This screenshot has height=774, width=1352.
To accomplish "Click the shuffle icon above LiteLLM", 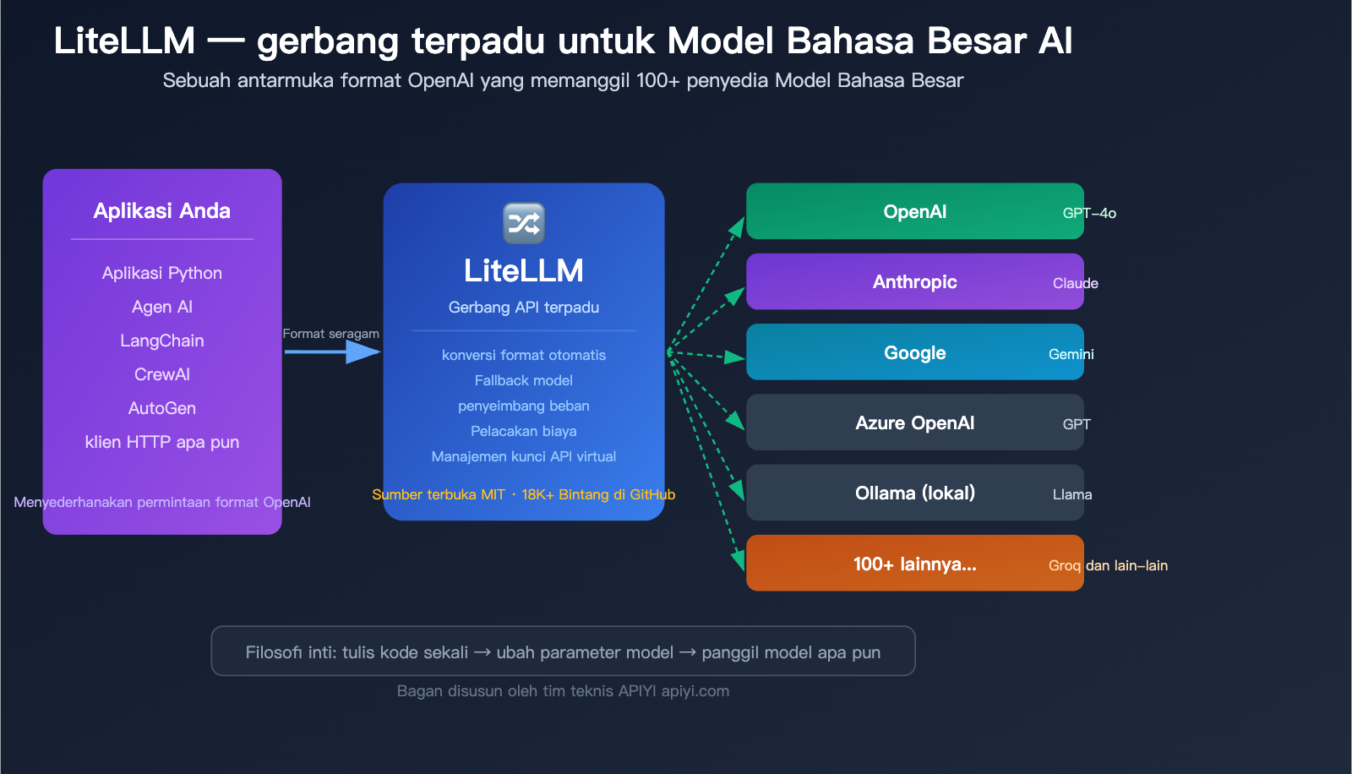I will pos(524,223).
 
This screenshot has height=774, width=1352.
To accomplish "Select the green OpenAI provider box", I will pos(914,211).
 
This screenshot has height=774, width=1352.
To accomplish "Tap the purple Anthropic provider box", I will pos(914,281).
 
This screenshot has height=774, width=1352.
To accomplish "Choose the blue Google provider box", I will pos(914,352).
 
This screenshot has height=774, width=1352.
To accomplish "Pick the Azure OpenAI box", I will pos(914,422).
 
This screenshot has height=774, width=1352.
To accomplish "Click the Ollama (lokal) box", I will pos(914,493).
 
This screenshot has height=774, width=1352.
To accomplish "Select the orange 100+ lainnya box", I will pos(914,564).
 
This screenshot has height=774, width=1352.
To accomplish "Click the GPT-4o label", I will pos(1089,213).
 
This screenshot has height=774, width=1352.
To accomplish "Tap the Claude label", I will pos(1075,283).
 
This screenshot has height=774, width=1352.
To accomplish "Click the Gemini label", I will pos(1071,354).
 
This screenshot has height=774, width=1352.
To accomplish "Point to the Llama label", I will pos(1071,494).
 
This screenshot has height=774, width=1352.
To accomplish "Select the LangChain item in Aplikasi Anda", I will pos(162,341).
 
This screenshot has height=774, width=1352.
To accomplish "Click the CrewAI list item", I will pos(162,374).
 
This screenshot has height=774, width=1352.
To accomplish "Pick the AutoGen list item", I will pos(162,408).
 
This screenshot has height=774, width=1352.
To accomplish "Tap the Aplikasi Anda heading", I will pos(162,210).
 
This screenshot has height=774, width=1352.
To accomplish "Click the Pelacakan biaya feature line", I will pos(524,431).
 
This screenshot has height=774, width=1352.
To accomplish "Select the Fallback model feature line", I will pos(524,380).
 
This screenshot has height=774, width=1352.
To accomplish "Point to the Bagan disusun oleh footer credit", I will pos(563,690).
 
